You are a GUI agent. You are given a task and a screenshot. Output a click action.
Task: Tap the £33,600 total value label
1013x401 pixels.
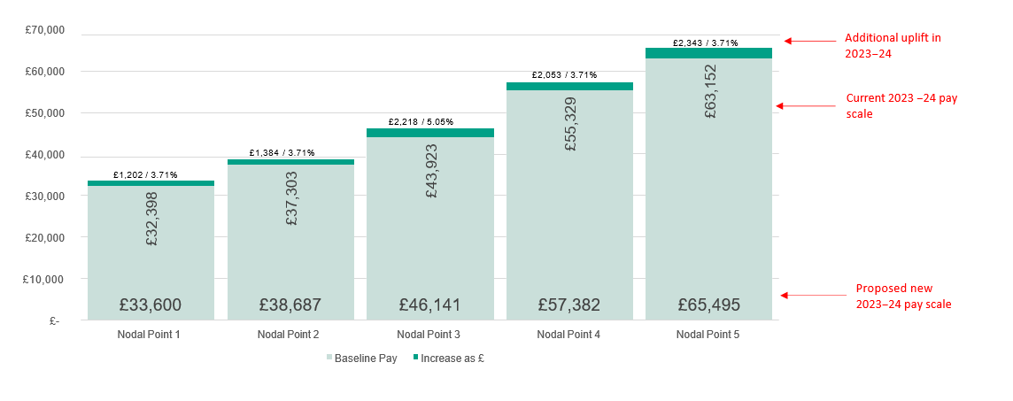click(151, 305)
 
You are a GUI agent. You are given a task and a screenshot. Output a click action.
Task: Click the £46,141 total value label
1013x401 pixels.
click(429, 305)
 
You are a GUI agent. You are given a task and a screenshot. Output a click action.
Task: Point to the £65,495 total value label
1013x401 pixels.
click(708, 305)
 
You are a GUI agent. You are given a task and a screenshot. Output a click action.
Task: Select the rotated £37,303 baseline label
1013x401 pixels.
click(292, 199)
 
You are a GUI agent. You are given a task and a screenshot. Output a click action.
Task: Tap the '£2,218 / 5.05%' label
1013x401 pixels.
click(421, 121)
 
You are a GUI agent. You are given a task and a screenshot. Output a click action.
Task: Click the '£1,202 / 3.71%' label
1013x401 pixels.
click(145, 175)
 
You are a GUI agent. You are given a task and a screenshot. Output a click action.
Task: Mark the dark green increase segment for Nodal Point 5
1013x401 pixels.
click(708, 53)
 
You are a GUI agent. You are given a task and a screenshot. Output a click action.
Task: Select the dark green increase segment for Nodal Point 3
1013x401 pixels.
click(429, 133)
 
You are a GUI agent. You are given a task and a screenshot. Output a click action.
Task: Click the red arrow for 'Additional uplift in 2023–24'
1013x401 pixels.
click(809, 41)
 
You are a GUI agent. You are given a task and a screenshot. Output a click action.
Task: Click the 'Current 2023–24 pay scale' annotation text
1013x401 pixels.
click(901, 105)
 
